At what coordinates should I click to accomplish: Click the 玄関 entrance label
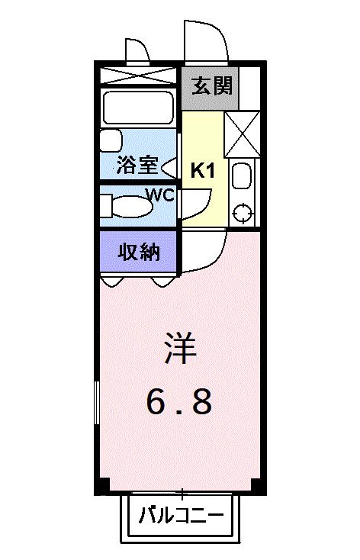coord(208,87)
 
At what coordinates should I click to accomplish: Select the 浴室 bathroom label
coord(137,165)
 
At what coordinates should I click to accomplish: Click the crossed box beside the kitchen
coord(243,134)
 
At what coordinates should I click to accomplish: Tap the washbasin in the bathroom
coord(111,142)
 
